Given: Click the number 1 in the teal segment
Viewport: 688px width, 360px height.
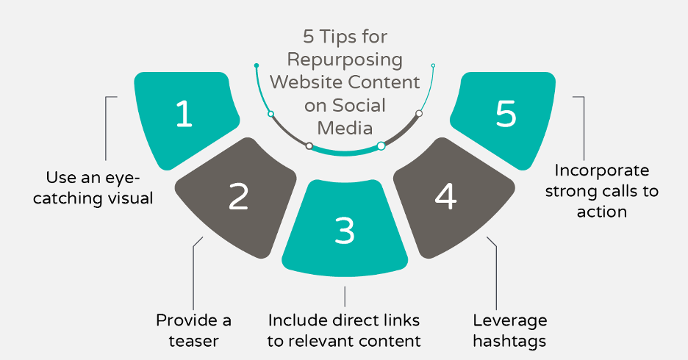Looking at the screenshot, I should [184, 115].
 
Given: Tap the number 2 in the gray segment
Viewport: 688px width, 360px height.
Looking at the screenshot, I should [238, 196].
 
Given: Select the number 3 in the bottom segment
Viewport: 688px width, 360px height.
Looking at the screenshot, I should [345, 229].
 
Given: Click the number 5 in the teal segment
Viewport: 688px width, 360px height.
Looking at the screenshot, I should [506, 115].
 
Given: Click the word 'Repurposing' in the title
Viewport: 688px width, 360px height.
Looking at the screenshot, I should [345, 58].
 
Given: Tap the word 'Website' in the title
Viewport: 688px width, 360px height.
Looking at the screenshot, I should [308, 81].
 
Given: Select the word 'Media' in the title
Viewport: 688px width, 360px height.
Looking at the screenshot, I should [345, 127].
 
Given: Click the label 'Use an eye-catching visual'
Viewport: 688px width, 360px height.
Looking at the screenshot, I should [93, 187].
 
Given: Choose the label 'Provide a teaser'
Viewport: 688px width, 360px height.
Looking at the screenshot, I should [193, 331].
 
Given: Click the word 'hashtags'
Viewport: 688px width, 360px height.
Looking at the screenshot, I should [509, 341].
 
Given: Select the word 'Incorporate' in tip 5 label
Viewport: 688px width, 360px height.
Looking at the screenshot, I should [601, 170].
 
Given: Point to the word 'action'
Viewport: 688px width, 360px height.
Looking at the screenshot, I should [601, 212].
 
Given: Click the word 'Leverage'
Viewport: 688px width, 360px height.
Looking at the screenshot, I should [509, 320].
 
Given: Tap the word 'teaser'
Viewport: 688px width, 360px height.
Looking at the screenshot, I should [193, 341].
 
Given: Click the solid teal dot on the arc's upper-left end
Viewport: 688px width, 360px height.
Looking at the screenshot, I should [256, 65].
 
